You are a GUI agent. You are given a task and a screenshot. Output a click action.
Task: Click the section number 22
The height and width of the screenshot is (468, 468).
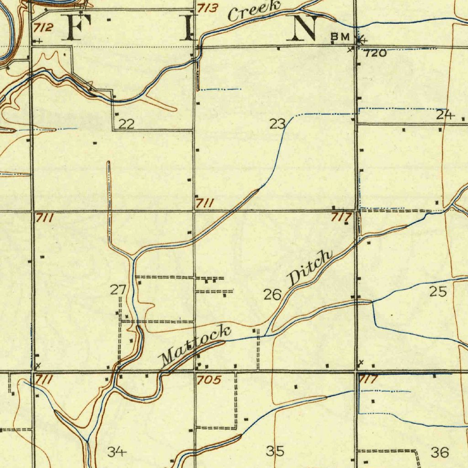pyautogui.click(x=127, y=124)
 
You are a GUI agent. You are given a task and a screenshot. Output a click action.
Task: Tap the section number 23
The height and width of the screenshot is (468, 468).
pyautogui.click(x=277, y=123)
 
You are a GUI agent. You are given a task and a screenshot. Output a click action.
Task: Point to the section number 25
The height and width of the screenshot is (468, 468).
pyautogui.click(x=438, y=291)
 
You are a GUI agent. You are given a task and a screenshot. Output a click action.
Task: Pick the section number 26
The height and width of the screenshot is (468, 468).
pyautogui.click(x=272, y=295)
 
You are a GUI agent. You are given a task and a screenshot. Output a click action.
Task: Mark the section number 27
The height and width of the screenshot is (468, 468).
pyautogui.click(x=118, y=289)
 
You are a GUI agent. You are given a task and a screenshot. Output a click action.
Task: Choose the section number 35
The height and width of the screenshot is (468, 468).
pyautogui.click(x=275, y=451)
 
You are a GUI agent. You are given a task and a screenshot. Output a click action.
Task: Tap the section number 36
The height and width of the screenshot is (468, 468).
pyautogui.click(x=440, y=452)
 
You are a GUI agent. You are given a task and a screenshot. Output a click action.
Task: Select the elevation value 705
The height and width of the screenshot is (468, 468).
pyautogui.click(x=209, y=380)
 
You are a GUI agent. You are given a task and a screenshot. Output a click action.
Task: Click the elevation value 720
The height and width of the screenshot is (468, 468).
pyautogui.click(x=376, y=53)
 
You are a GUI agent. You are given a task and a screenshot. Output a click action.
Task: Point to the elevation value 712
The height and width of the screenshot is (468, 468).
pyautogui.click(x=43, y=28)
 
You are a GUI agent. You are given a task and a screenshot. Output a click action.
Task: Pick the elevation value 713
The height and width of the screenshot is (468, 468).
pyautogui.click(x=208, y=8)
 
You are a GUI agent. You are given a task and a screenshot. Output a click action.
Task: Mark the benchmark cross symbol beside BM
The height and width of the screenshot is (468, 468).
pyautogui.click(x=361, y=40)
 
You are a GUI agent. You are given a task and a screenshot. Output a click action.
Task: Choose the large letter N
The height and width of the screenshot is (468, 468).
pyautogui.click(x=305, y=28)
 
